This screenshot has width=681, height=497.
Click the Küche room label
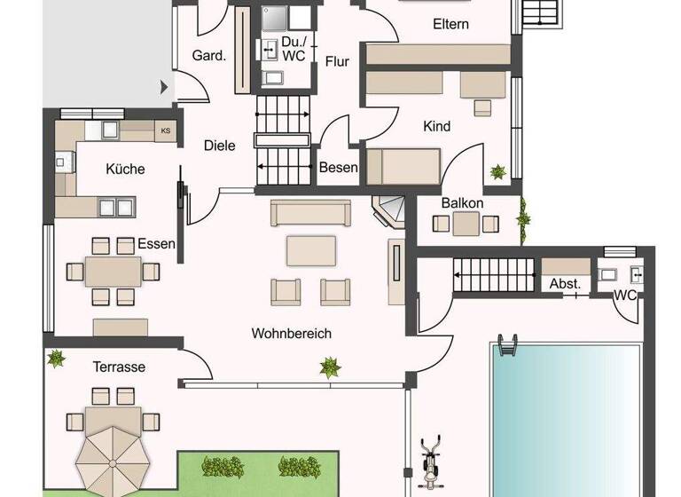125,169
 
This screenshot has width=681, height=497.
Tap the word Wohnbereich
291,334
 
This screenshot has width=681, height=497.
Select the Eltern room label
450,24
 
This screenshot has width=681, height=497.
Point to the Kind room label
436,127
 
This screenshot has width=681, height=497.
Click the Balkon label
463,203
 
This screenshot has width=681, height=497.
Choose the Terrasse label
119,367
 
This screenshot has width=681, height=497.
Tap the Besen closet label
339,167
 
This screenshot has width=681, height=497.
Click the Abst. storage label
566,284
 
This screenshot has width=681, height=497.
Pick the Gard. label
209,55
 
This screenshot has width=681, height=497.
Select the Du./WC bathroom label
292,48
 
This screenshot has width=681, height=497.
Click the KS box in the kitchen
165,131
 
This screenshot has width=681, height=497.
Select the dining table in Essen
113,270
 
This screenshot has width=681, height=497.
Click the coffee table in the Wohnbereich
310,250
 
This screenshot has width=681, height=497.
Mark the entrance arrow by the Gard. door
164,87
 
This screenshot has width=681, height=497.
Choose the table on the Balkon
466,225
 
